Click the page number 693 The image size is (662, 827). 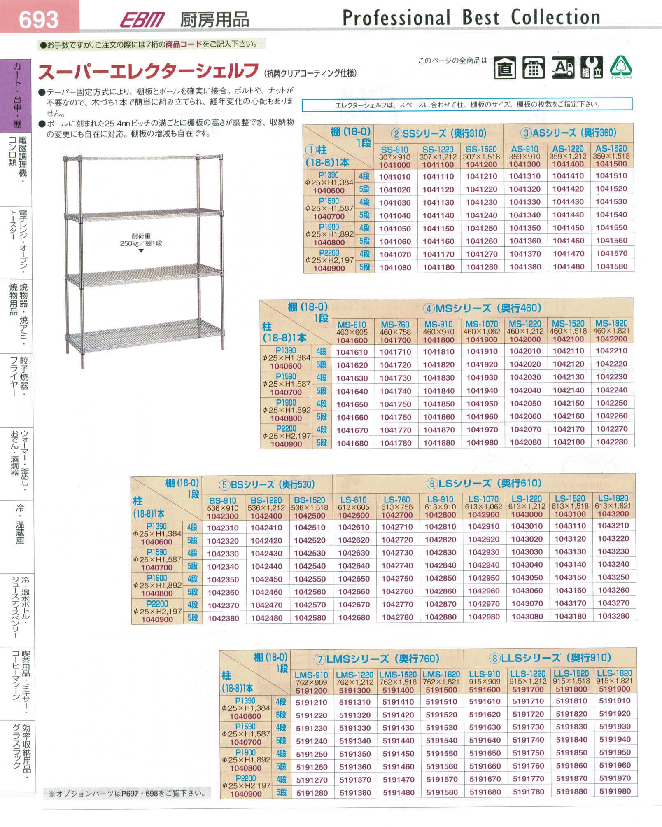(x=39, y=19)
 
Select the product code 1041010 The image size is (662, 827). (x=395, y=177)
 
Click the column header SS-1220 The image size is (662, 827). (x=438, y=150)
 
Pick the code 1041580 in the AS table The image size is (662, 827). (x=612, y=266)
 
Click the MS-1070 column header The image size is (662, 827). (x=482, y=324)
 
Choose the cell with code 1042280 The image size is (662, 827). (x=612, y=442)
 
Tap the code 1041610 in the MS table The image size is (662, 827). (x=352, y=352)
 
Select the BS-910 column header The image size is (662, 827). (x=222, y=501)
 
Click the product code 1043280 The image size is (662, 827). (x=613, y=616)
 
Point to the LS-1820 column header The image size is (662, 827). (x=613, y=498)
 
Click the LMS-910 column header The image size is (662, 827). (x=311, y=675)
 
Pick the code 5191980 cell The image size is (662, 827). (x=615, y=791)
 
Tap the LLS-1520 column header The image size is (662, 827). (x=571, y=674)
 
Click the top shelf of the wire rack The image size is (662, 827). (x=144, y=157)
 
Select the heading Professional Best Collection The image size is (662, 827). (x=471, y=18)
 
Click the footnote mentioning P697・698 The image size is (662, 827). (x=127, y=793)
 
